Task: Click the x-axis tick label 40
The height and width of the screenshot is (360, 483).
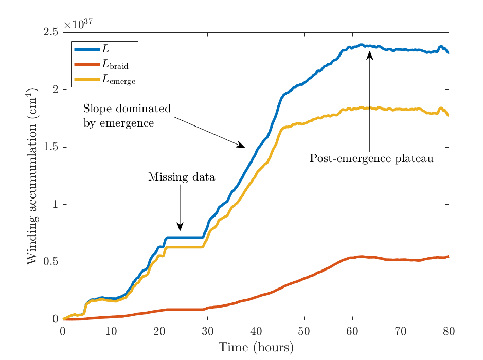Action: pyautogui.click(x=256, y=332)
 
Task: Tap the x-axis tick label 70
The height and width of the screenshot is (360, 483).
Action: pyautogui.click(x=401, y=332)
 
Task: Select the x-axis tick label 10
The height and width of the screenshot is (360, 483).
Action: pyautogui.click(x=111, y=332)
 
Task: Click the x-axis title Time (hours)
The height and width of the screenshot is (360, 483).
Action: pyautogui.click(x=256, y=348)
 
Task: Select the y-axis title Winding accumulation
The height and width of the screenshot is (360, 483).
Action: pyautogui.click(x=32, y=176)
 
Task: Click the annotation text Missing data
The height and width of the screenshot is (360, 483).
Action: pyautogui.click(x=182, y=177)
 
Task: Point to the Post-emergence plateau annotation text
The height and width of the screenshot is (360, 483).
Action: pyautogui.click(x=371, y=158)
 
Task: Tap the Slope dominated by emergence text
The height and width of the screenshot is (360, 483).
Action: pyautogui.click(x=127, y=116)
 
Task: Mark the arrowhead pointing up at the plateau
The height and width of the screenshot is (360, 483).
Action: pyautogui.click(x=370, y=55)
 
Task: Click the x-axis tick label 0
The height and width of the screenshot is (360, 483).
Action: pyautogui.click(x=63, y=332)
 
